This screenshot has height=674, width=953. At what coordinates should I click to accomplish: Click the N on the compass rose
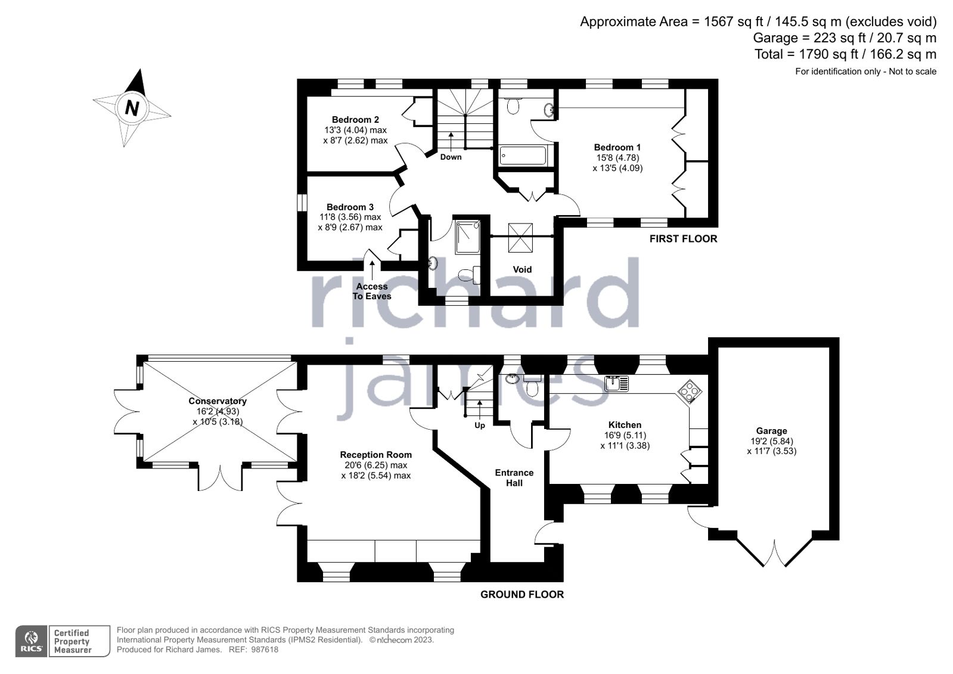coord(132,108)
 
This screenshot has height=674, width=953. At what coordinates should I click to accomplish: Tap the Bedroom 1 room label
coord(617,147)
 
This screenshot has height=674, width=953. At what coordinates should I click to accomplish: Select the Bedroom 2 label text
coord(355,119)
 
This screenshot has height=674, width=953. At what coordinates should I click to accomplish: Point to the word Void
coord(522,269)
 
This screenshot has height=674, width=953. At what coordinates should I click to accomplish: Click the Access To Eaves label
coord(372,291)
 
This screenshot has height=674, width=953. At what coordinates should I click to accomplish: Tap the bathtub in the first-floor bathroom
coord(523,156)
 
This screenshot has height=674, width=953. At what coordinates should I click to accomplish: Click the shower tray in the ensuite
coord(467,237)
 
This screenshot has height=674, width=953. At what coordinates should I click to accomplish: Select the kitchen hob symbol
coord(690,392)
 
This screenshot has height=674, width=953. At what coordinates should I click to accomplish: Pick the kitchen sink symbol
coord(616,383)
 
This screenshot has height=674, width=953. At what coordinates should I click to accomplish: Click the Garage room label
coord(771,431)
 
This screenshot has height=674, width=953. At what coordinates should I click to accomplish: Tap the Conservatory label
coord(218,401)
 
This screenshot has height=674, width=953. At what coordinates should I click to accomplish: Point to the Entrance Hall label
coord(514,477)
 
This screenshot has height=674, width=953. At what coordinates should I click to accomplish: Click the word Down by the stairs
coord(451,157)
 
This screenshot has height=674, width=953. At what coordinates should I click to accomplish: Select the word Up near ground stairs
coord(480,425)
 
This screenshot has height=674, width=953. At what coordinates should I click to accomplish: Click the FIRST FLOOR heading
coord(683,238)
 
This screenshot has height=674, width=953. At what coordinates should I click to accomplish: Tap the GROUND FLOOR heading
coord(521,594)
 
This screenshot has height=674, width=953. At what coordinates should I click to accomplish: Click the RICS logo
coord(32,641)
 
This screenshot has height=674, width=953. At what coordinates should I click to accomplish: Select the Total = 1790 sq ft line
coord(845,54)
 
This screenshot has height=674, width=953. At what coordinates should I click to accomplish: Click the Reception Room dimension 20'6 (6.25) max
coord(375,465)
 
